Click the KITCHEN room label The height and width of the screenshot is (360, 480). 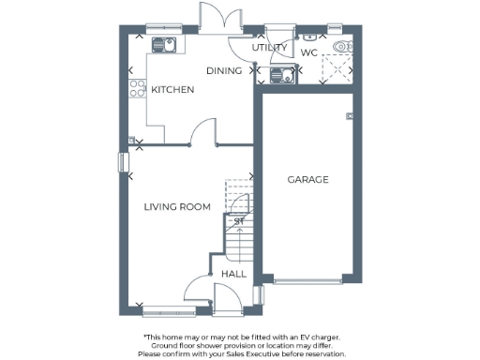(x=172, y=90)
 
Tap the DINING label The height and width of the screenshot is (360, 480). (x=224, y=70)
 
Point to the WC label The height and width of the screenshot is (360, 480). (x=308, y=52)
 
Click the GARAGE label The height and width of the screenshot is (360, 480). (x=307, y=179)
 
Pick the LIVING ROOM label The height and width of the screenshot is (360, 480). (x=177, y=206)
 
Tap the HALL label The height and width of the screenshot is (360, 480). (x=233, y=274)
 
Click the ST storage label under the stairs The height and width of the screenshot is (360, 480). (x=238, y=221)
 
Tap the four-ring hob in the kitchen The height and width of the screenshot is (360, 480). (x=134, y=91)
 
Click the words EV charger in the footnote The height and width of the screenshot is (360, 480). (x=316, y=336)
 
